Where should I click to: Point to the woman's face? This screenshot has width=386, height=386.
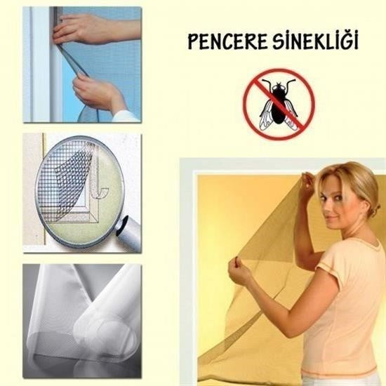pyautogui.click(x=335, y=199)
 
